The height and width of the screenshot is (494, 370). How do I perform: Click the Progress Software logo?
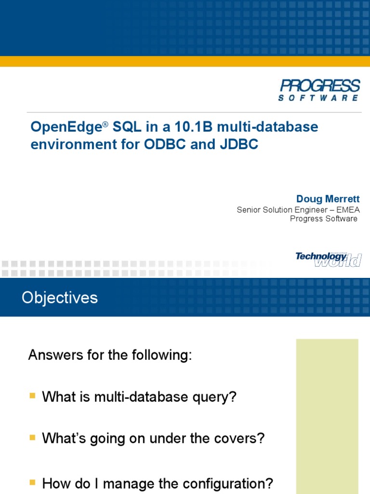tap(319, 90)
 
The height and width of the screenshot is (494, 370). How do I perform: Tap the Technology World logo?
tap(328, 259)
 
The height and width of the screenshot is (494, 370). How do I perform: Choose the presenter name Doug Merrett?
tap(328, 199)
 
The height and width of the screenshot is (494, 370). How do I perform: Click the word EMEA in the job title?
tap(345, 210)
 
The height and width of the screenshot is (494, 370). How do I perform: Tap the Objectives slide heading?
tap(60, 298)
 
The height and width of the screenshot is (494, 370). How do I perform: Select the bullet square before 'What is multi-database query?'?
tap(32, 396)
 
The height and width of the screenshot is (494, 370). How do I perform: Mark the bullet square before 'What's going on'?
tap(32, 438)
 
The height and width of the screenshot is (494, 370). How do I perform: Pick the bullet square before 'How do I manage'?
tap(32, 481)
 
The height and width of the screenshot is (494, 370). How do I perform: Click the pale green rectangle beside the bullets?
tap(327, 415)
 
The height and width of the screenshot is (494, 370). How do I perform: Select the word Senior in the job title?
tap(249, 210)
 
